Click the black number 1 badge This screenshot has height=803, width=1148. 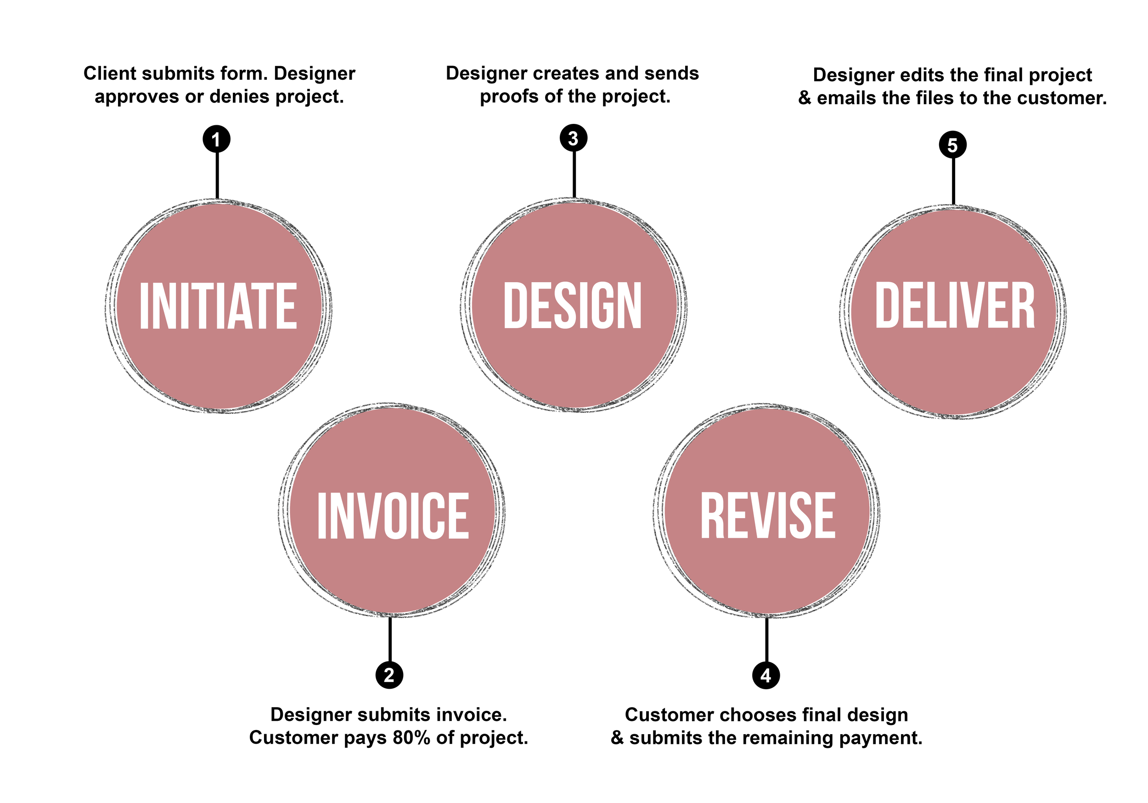pyautogui.click(x=216, y=139)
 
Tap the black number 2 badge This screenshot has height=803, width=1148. pyautogui.click(x=389, y=675)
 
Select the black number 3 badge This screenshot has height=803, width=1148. pyautogui.click(x=573, y=138)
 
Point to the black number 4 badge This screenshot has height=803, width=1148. pyautogui.click(x=765, y=675)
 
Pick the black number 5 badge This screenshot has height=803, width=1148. pyautogui.click(x=952, y=145)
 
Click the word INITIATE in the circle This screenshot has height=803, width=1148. pyautogui.click(x=218, y=306)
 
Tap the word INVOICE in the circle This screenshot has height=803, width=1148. pyautogui.click(x=393, y=516)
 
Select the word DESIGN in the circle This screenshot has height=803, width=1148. pyautogui.click(x=573, y=306)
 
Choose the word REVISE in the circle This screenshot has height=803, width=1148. pyautogui.click(x=767, y=516)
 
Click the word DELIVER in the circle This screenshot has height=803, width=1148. pyautogui.click(x=955, y=306)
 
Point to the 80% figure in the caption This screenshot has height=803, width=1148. pyautogui.click(x=411, y=737)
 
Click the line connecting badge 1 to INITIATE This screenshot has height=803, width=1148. pyautogui.click(x=217, y=175)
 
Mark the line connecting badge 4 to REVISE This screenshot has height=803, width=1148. pyautogui.click(x=766, y=640)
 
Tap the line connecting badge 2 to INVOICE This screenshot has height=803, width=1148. pyautogui.click(x=390, y=640)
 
